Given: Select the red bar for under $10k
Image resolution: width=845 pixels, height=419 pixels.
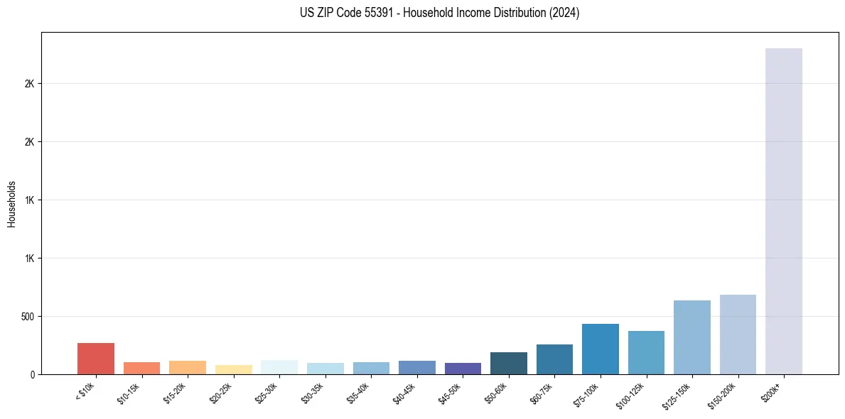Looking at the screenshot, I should tap(96, 359).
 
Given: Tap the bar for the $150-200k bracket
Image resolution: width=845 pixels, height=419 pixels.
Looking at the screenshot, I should tap(738, 334).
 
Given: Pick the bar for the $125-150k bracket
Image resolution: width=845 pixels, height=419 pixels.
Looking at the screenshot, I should tap(691, 337).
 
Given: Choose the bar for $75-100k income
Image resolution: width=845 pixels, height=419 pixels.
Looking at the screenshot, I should tap(600, 349).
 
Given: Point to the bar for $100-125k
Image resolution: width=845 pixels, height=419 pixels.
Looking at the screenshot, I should tap(646, 352).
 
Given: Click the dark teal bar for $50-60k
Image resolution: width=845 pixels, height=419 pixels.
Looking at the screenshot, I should tap(508, 363).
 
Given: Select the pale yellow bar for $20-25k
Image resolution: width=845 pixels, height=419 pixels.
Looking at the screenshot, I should tap(234, 369).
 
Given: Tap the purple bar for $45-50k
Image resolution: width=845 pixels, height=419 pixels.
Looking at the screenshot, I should tap(463, 369).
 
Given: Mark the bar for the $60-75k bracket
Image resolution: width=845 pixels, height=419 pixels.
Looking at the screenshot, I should tap(554, 359).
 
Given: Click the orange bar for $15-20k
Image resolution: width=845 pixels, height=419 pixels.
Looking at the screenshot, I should tap(188, 367).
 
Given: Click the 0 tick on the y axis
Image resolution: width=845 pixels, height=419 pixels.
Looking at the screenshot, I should tap(33, 374).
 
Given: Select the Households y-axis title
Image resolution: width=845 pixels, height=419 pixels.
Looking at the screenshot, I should tap(12, 203).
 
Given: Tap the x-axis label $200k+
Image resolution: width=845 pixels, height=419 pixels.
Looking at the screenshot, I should tap(771, 391).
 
